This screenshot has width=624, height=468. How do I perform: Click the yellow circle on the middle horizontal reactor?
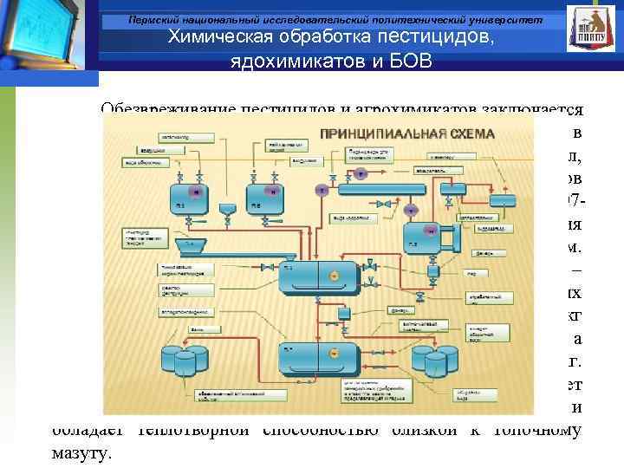point(333,275)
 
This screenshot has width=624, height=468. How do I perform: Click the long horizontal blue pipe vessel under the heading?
point(390,183)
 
